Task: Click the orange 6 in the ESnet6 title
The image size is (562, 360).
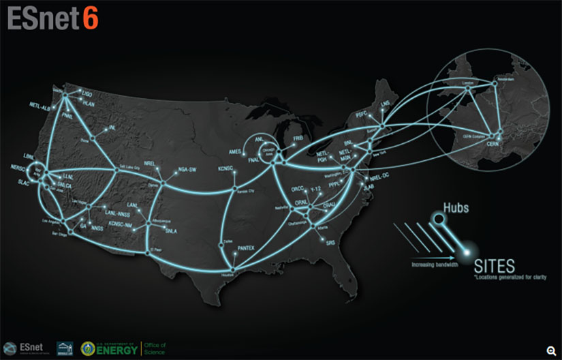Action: [x=91, y=18]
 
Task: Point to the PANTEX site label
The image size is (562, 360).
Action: [x=246, y=248]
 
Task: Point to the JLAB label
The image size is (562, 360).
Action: [x=370, y=185]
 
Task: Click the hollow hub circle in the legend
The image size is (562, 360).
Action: [x=437, y=218]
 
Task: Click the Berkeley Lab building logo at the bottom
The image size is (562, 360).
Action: [x=64, y=347]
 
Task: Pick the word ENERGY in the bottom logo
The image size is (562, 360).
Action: [x=116, y=350]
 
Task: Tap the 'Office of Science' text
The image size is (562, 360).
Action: [x=155, y=348]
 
